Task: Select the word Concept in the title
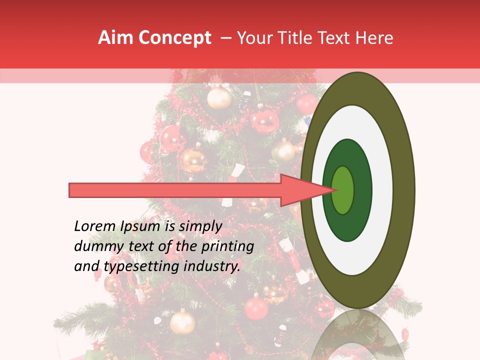(x=174, y=38)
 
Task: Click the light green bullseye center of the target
(x=343, y=190)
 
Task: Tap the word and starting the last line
(x=86, y=266)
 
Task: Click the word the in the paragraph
(x=183, y=246)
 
